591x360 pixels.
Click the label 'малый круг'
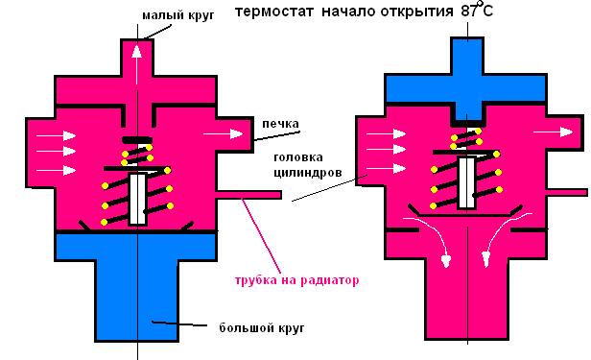point(178,15)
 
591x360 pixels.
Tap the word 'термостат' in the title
point(274,12)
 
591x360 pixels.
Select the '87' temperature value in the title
point(469,12)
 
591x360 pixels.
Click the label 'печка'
point(280,124)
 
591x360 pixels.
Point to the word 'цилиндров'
point(308,173)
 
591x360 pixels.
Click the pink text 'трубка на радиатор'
point(296,280)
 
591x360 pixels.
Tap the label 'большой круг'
point(262,327)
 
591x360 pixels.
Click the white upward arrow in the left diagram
point(137,64)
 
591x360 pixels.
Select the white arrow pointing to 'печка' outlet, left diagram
point(224,133)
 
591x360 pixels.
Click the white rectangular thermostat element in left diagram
point(137,200)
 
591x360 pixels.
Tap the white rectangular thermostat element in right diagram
point(466,182)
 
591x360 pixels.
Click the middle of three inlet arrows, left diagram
point(56,151)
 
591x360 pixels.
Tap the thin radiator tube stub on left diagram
point(249,195)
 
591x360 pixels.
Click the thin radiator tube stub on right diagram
point(567,192)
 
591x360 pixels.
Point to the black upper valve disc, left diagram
point(137,140)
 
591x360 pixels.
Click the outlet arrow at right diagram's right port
point(554,132)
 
